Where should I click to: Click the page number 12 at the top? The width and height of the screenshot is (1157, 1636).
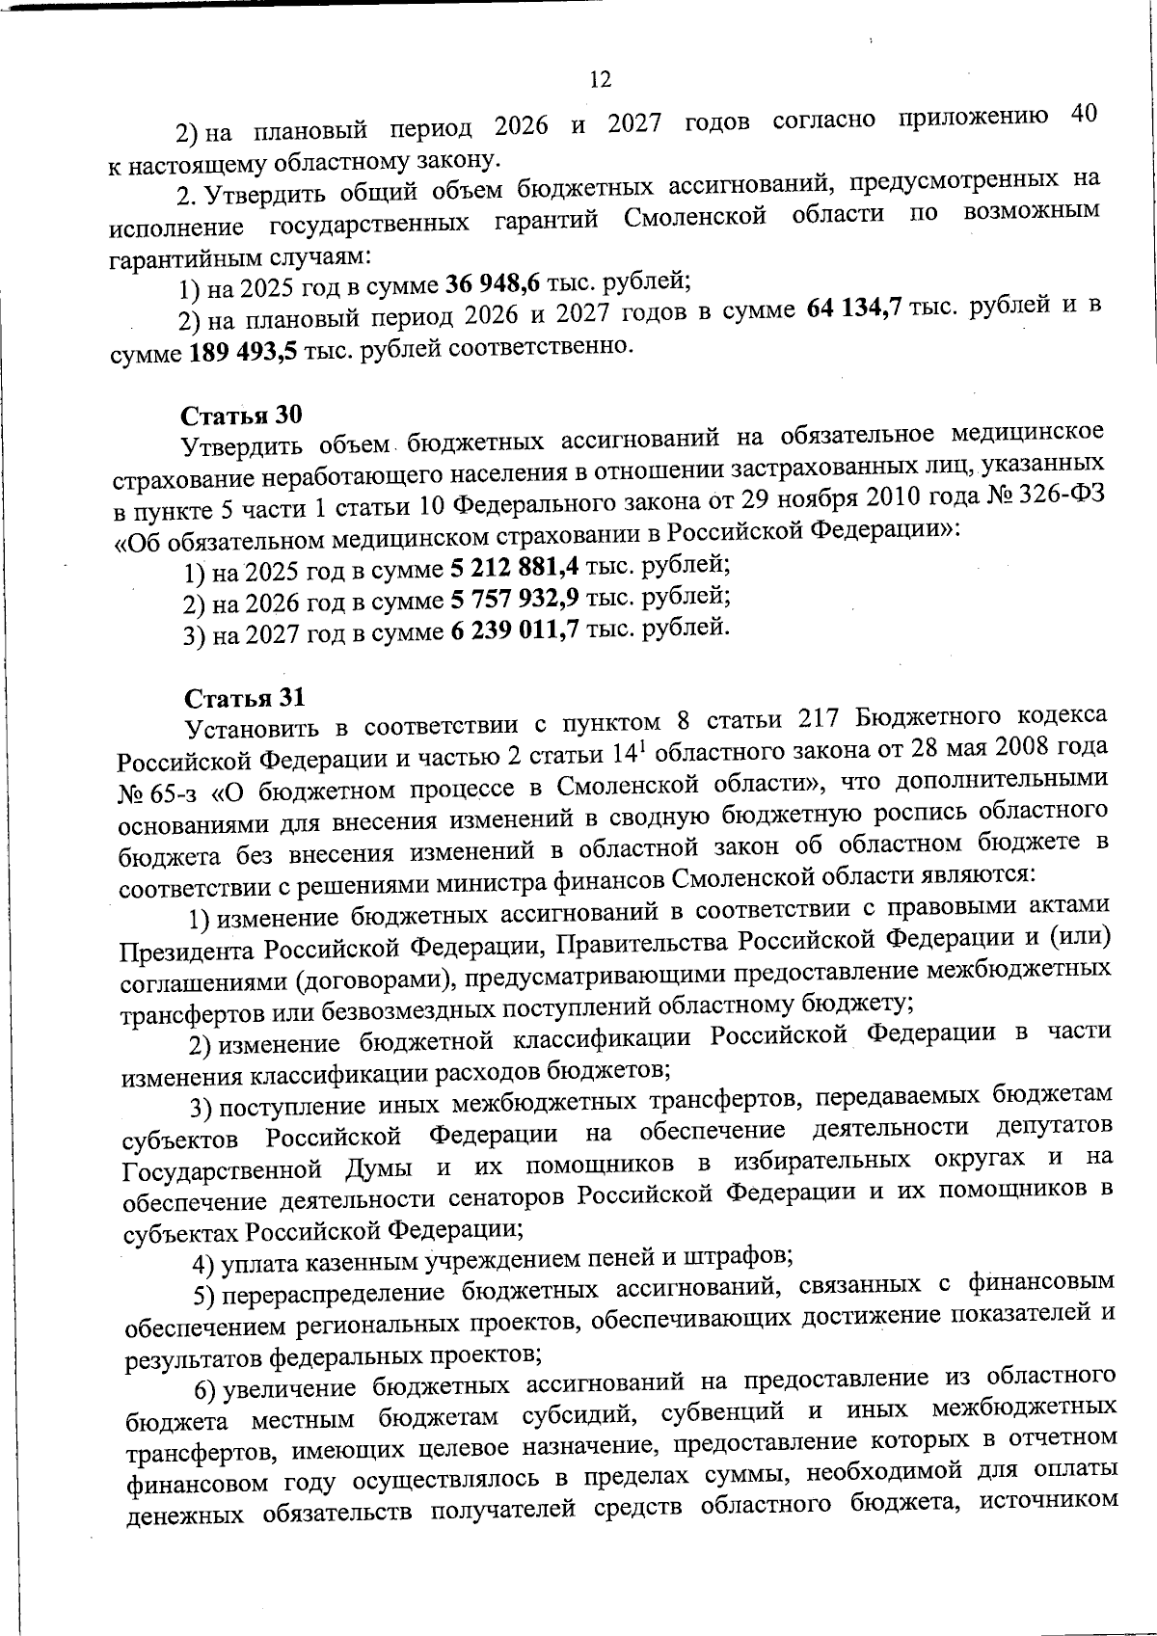tap(600, 80)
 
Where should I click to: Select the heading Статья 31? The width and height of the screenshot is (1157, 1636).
tap(244, 697)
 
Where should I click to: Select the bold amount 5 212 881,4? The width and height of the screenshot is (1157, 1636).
tap(513, 564)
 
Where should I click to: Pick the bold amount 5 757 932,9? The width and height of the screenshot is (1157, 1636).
tap(514, 599)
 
